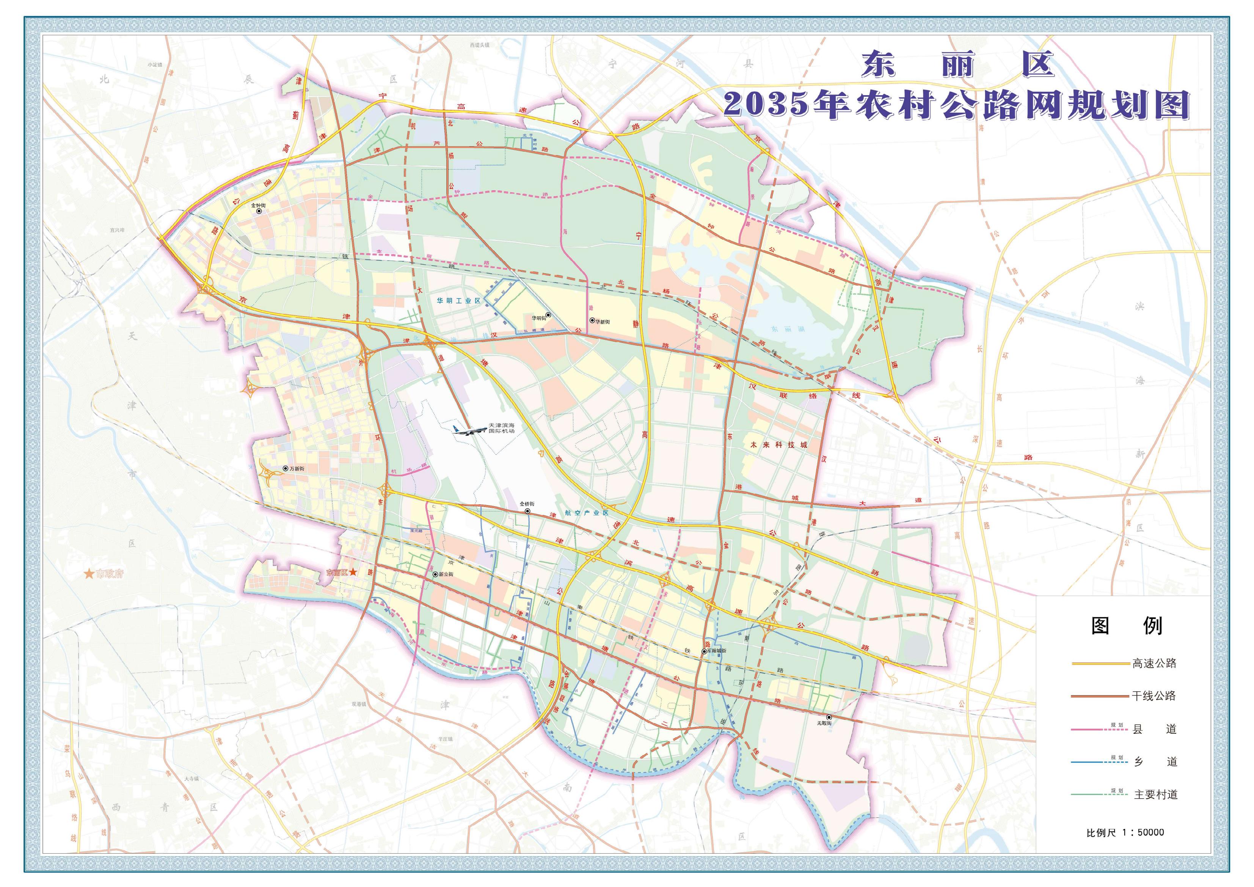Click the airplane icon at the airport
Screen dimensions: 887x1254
[469, 429]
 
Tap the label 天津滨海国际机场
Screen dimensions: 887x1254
[501, 428]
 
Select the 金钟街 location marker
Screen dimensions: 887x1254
[259, 211]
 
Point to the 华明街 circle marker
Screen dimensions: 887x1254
[548, 315]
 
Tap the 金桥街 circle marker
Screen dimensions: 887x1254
[527, 511]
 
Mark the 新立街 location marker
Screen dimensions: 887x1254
[435, 575]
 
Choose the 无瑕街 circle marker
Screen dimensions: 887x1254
[829, 717]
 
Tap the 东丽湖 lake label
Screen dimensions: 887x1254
[784, 329]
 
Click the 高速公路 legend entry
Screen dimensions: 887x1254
[1154, 663]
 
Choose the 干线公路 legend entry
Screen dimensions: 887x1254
[1154, 696]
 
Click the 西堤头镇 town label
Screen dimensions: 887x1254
[480, 45]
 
